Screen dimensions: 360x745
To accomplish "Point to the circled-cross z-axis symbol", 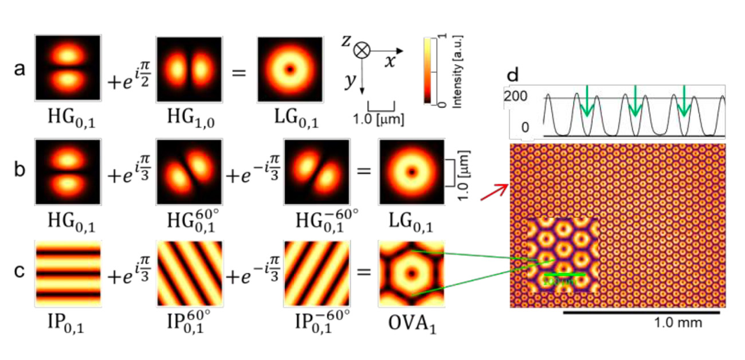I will click(x=361, y=50).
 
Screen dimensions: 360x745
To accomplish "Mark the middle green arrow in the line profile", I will click(x=634, y=100).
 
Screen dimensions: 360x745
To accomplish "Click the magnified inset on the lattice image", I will click(x=562, y=255).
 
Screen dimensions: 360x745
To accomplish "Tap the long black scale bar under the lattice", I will click(x=641, y=313).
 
